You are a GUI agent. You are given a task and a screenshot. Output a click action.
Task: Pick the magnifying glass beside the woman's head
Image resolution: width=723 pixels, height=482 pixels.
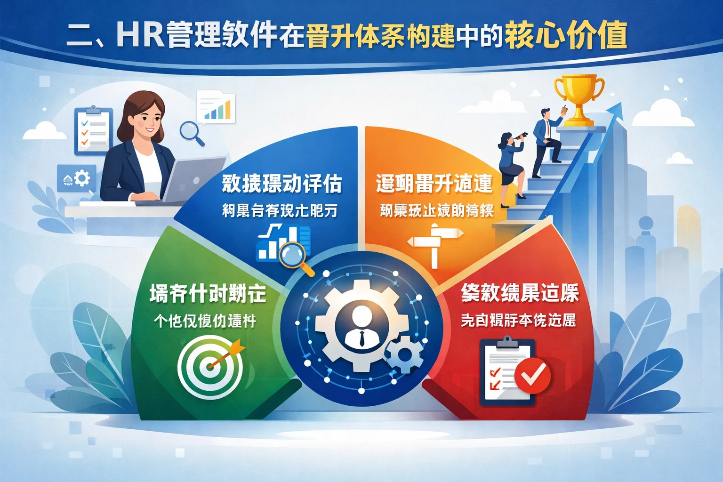(191, 132)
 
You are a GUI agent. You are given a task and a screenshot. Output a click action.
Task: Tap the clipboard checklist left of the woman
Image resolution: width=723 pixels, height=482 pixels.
(94, 130)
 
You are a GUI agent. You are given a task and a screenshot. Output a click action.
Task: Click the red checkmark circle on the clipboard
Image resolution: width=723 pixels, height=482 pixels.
(532, 375)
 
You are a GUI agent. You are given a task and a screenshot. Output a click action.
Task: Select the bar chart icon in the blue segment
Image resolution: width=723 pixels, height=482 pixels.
(282, 242)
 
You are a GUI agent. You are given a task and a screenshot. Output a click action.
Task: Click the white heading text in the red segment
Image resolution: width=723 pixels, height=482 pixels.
(520, 293)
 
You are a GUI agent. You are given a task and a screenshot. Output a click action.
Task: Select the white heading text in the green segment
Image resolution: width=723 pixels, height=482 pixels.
(208, 294)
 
